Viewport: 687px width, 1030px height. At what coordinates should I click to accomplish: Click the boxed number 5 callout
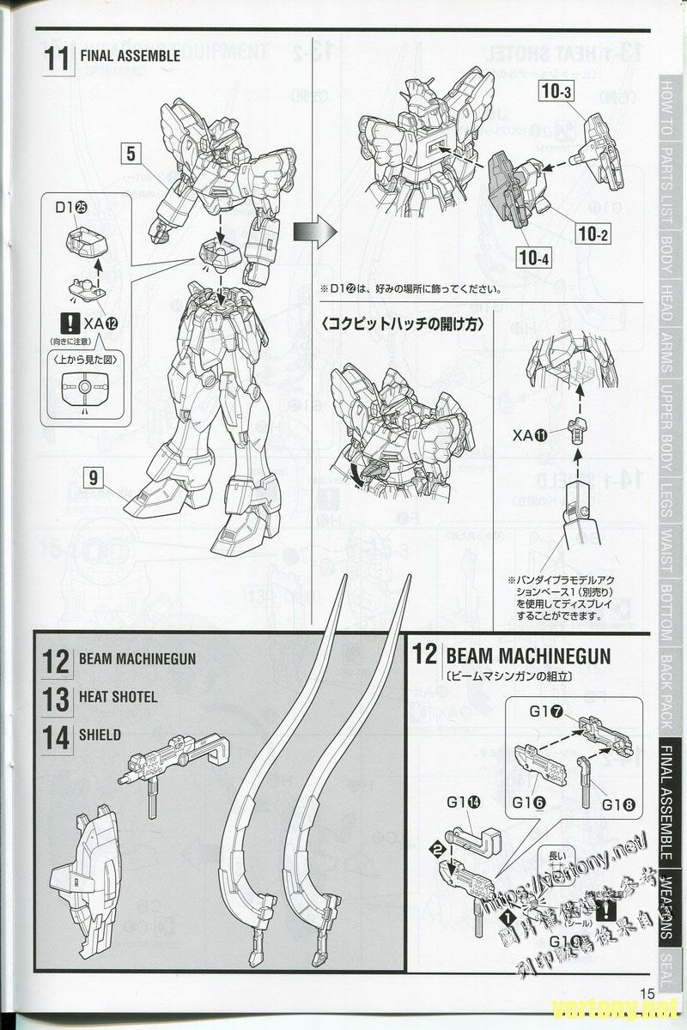click(x=131, y=154)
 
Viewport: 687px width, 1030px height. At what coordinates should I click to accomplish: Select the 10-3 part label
click(x=556, y=89)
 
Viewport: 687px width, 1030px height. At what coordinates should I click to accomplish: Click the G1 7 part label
click(x=546, y=711)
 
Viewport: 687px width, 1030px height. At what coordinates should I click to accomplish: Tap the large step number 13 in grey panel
click(x=56, y=699)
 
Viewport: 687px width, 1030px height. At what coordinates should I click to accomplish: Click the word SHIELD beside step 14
click(x=100, y=736)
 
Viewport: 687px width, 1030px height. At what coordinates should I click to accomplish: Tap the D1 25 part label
click(x=72, y=207)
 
